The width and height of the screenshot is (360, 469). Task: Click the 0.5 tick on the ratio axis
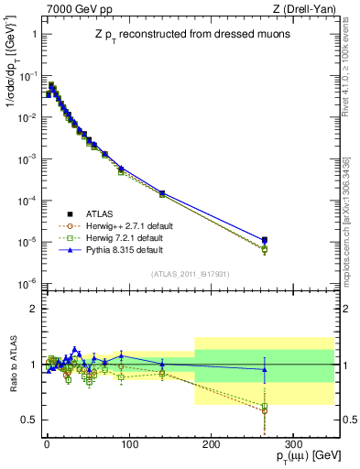(x=27, y=420)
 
